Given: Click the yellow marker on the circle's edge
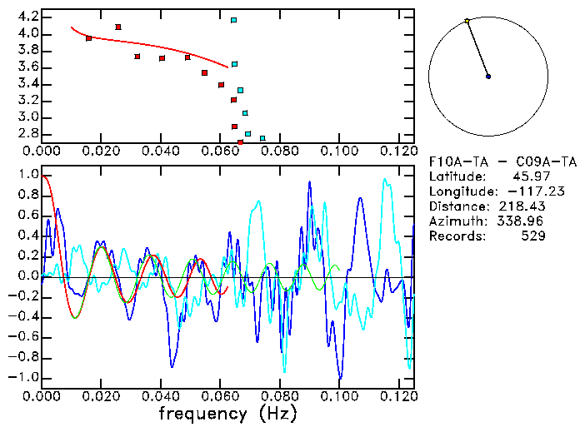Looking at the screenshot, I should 467,21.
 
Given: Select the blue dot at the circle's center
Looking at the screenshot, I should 488,77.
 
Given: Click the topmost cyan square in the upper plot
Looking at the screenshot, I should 234,20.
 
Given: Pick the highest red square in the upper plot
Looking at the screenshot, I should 118,27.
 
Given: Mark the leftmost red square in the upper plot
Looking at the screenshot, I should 89,38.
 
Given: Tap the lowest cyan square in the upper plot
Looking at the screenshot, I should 262,138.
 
